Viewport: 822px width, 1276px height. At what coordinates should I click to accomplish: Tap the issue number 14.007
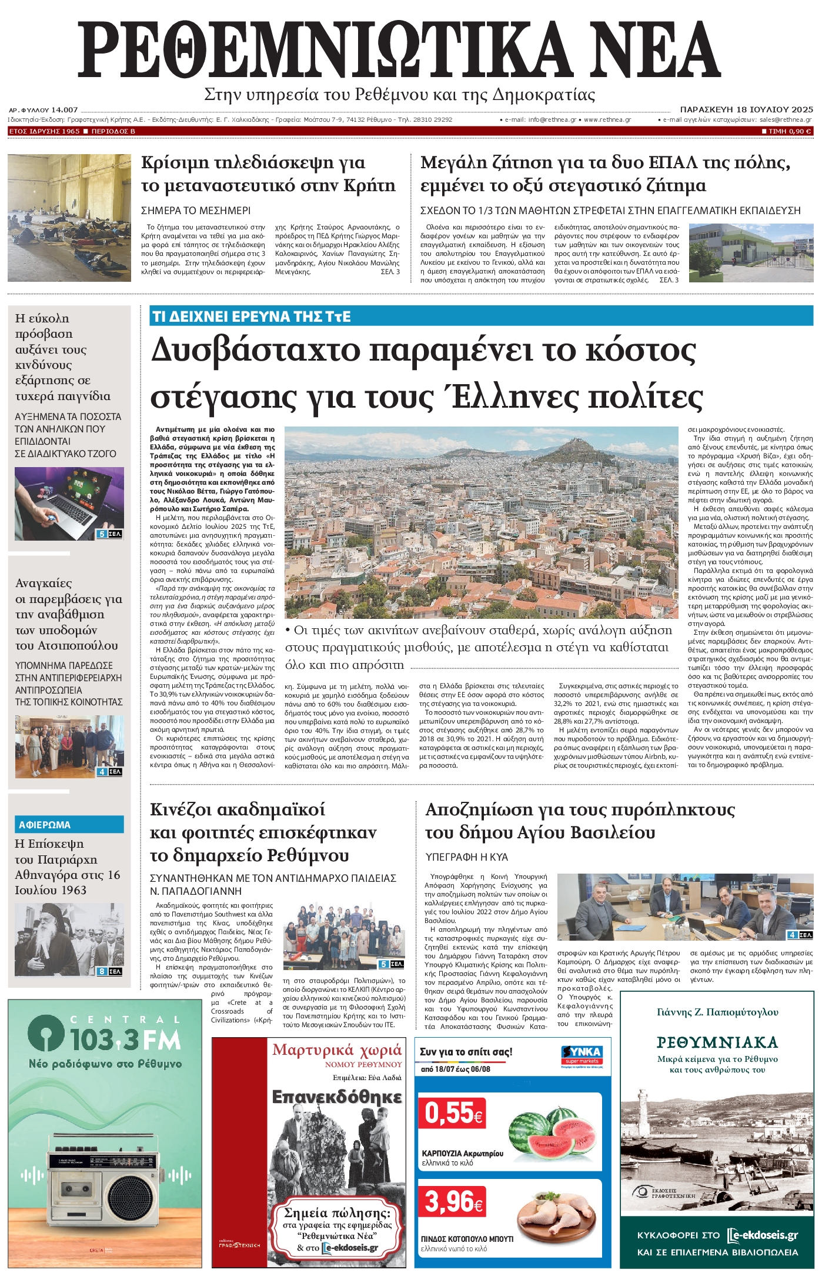click(64, 109)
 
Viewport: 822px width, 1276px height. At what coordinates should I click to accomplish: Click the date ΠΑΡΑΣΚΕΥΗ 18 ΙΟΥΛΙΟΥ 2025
click(746, 109)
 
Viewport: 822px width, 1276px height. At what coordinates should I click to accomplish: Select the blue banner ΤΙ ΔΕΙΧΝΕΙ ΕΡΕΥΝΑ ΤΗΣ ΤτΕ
click(251, 316)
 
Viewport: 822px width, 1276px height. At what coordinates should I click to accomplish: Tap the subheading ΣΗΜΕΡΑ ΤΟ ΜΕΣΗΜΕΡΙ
click(196, 210)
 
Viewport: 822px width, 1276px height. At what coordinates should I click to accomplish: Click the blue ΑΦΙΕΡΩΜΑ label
click(45, 825)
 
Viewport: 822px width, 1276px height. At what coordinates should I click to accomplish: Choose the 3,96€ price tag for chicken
click(453, 1201)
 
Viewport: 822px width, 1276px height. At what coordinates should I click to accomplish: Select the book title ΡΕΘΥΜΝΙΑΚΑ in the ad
click(717, 1042)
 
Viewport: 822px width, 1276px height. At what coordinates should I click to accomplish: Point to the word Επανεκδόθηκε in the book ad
click(336, 1097)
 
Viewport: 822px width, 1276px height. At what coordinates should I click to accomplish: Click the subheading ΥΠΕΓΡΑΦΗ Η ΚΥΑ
click(466, 857)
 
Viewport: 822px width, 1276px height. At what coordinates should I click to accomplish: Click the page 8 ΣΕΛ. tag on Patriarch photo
click(109, 971)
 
